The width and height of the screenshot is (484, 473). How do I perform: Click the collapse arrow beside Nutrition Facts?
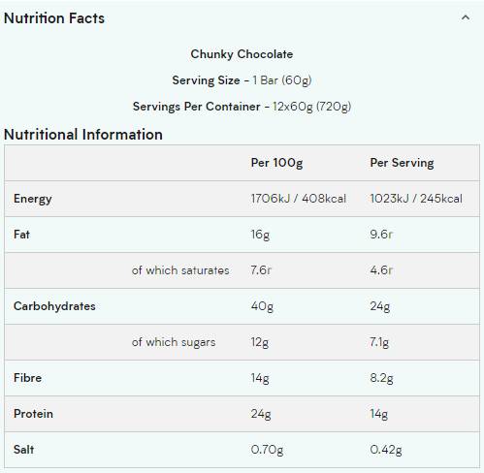click(x=467, y=17)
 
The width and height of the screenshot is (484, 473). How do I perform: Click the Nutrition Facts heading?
click(x=54, y=18)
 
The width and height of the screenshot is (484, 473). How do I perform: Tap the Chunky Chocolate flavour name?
click(x=242, y=54)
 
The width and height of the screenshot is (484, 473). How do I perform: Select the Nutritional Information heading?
click(x=83, y=135)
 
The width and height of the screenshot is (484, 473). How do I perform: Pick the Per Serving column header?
click(x=402, y=163)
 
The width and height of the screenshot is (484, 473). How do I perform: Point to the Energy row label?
click(x=33, y=199)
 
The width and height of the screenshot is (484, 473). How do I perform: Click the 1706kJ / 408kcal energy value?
click(x=298, y=199)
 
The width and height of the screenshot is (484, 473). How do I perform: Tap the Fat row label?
click(x=22, y=235)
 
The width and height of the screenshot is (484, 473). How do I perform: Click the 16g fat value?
click(x=261, y=235)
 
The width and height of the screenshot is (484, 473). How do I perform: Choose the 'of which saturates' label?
click(x=180, y=270)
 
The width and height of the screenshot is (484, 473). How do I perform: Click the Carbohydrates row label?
click(x=54, y=306)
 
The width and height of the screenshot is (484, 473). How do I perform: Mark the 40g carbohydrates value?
click(x=262, y=306)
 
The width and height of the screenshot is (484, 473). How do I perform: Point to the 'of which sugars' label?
click(x=174, y=342)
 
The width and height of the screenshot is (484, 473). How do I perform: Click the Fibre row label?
click(x=27, y=378)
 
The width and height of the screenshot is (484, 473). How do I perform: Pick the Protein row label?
click(x=33, y=414)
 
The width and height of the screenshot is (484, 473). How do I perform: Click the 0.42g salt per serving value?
click(x=386, y=450)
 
